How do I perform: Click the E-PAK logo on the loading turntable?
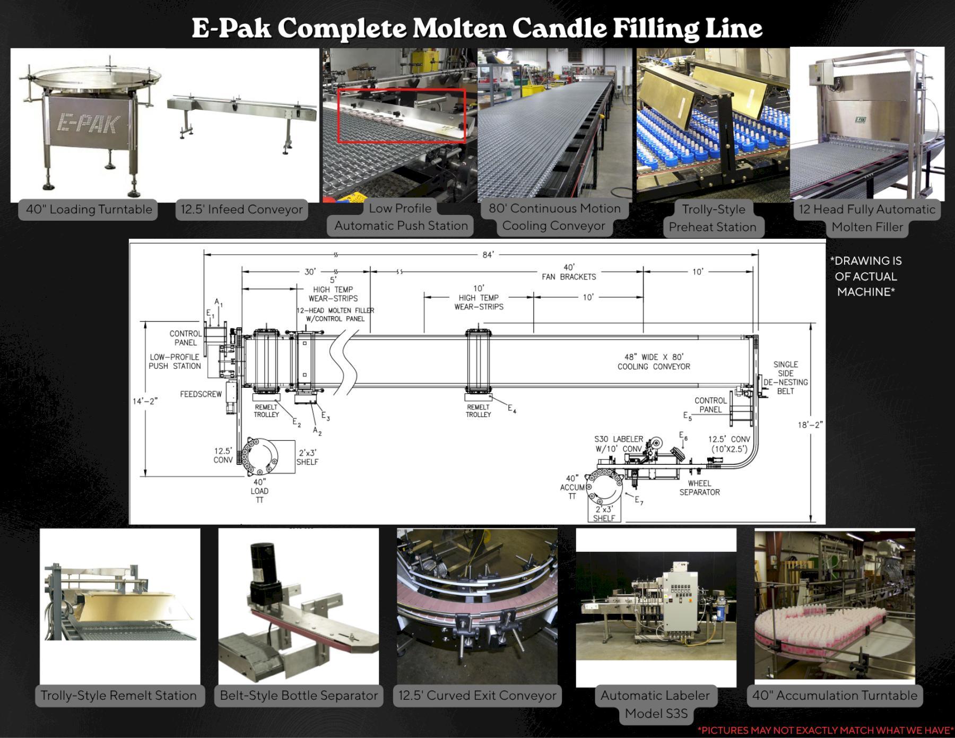click(x=88, y=123)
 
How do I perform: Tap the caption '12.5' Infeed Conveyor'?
click(x=241, y=210)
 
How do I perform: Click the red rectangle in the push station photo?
click(x=401, y=116)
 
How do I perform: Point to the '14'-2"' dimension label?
click(x=145, y=401)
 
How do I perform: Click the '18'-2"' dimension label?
click(x=810, y=425)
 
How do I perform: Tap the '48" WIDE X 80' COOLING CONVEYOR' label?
click(x=654, y=362)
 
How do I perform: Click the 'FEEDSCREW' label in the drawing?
click(x=201, y=394)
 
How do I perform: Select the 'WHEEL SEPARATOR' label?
click(x=699, y=488)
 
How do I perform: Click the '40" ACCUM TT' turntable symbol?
click(x=605, y=488)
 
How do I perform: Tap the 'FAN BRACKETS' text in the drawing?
click(x=569, y=277)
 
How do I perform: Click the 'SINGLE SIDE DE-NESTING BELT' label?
click(x=785, y=378)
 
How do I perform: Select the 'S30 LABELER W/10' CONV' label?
click(x=618, y=444)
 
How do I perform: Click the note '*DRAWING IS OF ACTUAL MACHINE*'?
click(x=866, y=276)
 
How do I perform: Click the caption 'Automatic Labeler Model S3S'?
click(x=655, y=704)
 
